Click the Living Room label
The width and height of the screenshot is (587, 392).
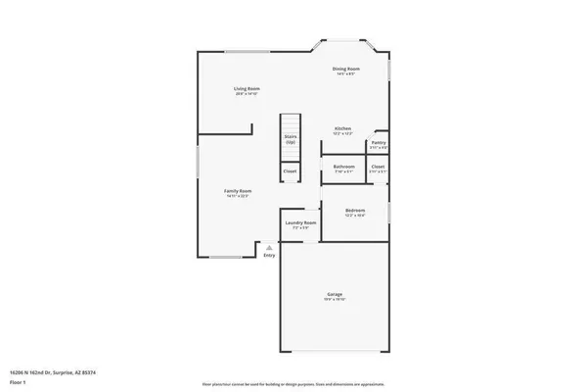(x=246, y=89)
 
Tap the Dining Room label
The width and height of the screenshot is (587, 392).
(x=347, y=69)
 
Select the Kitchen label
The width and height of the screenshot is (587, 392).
(x=342, y=128)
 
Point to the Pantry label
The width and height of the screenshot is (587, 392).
(x=379, y=143)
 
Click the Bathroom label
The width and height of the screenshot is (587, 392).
(x=343, y=166)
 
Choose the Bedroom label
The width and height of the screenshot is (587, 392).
(x=355, y=210)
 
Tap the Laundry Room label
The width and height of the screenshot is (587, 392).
(x=301, y=222)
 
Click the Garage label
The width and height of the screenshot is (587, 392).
(x=335, y=294)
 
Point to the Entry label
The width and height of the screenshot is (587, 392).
(x=269, y=255)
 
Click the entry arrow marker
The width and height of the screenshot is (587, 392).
(x=269, y=248)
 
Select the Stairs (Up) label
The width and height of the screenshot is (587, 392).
(x=291, y=139)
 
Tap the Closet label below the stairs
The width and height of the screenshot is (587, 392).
(x=291, y=171)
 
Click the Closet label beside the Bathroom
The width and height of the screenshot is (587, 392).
(x=378, y=166)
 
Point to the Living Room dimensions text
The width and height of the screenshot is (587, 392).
(x=246, y=94)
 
